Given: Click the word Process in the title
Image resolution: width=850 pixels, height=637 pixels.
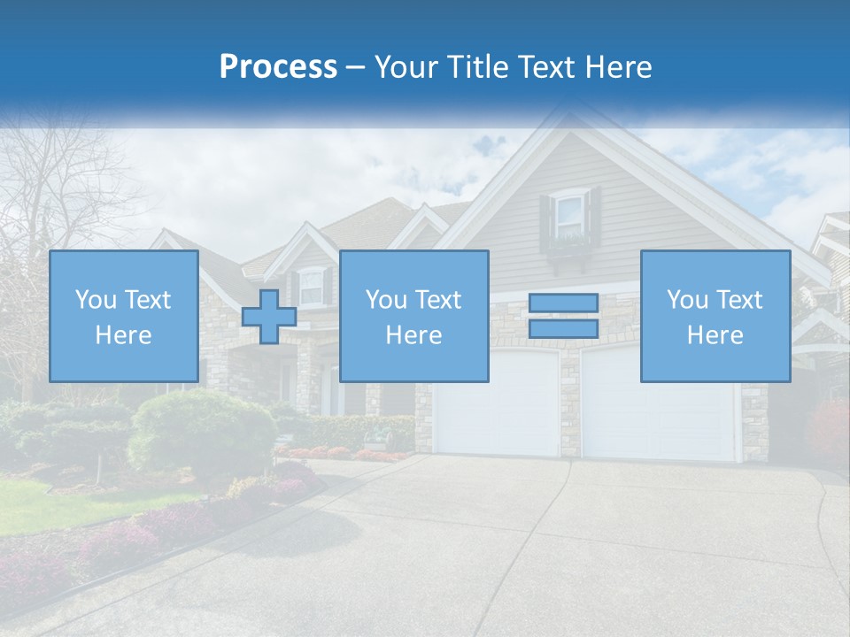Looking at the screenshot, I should click(x=278, y=67).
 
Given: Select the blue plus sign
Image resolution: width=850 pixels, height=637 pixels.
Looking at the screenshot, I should click(x=269, y=317).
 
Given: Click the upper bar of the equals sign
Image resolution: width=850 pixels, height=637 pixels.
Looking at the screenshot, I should click(x=563, y=303).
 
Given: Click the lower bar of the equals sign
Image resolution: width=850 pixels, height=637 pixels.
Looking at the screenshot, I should click(x=563, y=328).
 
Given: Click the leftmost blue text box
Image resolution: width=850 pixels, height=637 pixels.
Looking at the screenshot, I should click(x=123, y=316).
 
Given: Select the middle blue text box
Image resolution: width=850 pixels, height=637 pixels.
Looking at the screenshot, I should click(x=413, y=316).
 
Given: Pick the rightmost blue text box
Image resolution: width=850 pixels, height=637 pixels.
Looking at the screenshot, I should click(x=715, y=316).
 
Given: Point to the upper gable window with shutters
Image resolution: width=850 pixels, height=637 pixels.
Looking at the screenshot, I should click(x=570, y=215).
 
